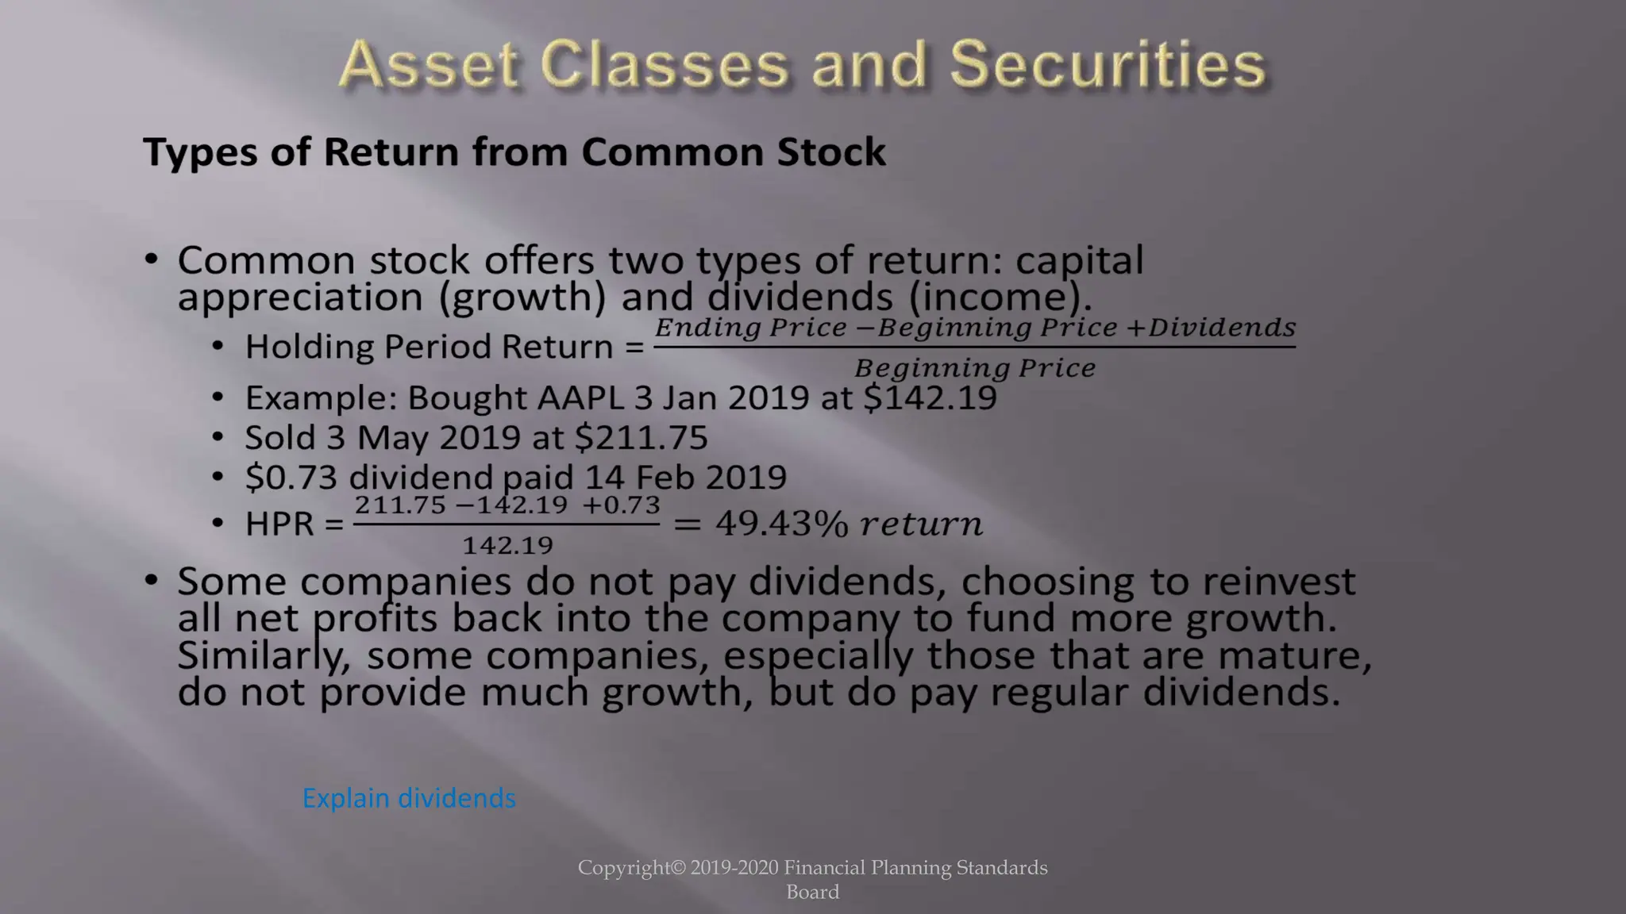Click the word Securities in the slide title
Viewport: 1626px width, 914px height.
(1108, 64)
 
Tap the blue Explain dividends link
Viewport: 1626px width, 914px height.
(409, 797)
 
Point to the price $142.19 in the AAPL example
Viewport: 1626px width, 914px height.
(930, 397)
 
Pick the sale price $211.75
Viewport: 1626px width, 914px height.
(641, 437)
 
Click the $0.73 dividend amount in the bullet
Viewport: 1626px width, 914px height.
(291, 477)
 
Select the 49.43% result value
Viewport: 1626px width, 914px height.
(782, 524)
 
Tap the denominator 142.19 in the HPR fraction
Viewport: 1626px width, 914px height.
(507, 545)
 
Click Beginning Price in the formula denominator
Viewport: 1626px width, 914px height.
(975, 368)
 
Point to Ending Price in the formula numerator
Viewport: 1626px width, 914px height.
(750, 327)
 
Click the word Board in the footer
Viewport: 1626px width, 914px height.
(812, 892)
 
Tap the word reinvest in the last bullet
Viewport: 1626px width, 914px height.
(1279, 581)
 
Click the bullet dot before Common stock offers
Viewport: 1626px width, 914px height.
(151, 259)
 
